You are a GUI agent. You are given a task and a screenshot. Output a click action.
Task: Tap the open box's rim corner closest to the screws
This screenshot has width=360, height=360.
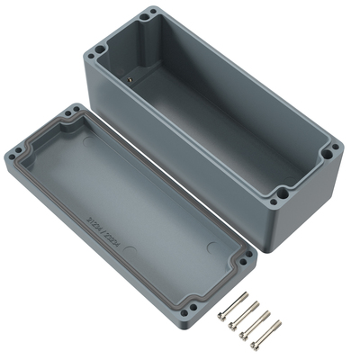tap(282, 191)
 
